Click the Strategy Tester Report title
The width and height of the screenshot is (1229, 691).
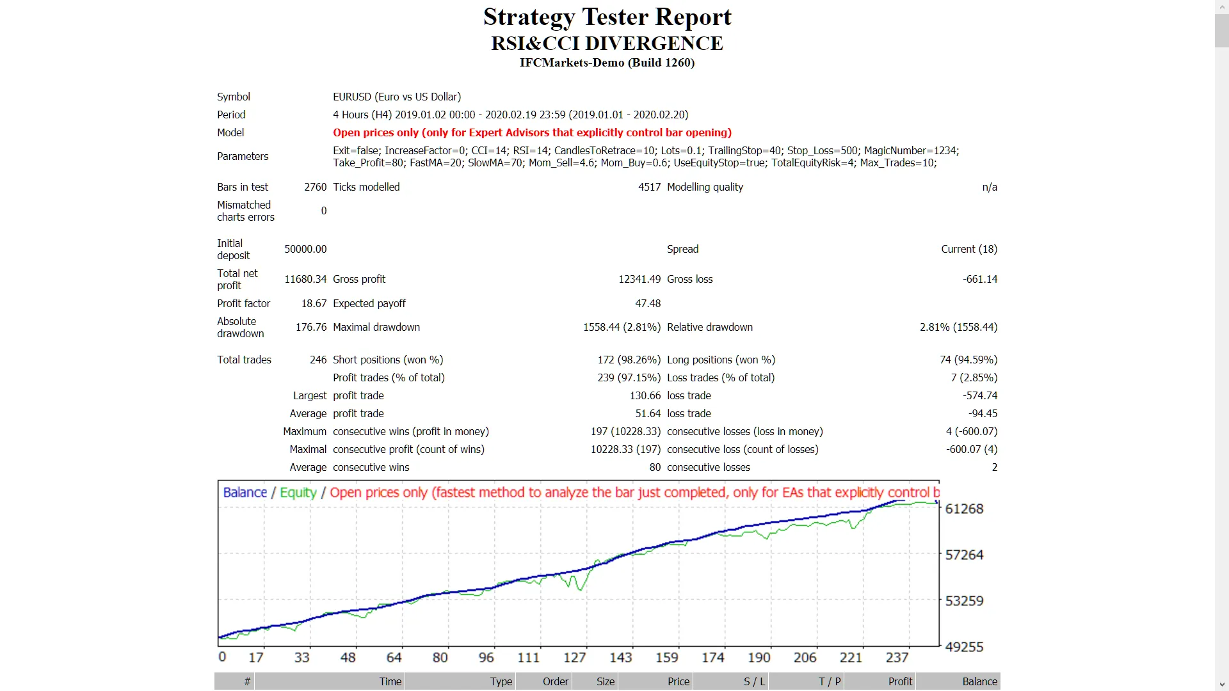pyautogui.click(x=607, y=17)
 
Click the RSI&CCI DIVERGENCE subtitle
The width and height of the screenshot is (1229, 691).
pyautogui.click(x=607, y=44)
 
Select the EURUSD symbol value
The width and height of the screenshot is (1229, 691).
pyautogui.click(x=396, y=97)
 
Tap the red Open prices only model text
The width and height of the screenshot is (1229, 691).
pyautogui.click(x=531, y=132)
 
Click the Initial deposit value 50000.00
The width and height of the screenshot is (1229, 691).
pyautogui.click(x=305, y=249)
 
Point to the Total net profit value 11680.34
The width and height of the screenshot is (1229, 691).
pyautogui.click(x=305, y=279)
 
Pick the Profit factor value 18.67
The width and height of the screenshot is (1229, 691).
pyautogui.click(x=314, y=303)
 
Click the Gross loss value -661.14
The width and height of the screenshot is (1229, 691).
pyautogui.click(x=979, y=279)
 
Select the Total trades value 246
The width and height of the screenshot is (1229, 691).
pyautogui.click(x=318, y=360)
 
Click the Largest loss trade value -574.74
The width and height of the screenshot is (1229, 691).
pyautogui.click(x=981, y=395)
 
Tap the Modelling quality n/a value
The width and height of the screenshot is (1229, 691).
pyautogui.click(x=990, y=187)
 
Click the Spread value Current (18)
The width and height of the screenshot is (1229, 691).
pyautogui.click(x=968, y=249)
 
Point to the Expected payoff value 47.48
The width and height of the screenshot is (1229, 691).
pyautogui.click(x=648, y=303)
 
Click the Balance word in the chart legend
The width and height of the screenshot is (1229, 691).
pyautogui.click(x=245, y=493)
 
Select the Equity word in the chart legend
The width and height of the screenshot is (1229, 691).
pyautogui.click(x=298, y=493)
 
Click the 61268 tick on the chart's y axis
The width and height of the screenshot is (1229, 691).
pyautogui.click(x=964, y=509)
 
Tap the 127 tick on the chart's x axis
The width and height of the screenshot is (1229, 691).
pyautogui.click(x=574, y=658)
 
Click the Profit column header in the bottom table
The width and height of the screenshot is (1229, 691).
pyautogui.click(x=899, y=681)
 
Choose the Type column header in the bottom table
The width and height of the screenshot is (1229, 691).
pyautogui.click(x=501, y=681)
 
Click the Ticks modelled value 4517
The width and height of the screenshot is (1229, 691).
pyautogui.click(x=649, y=187)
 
